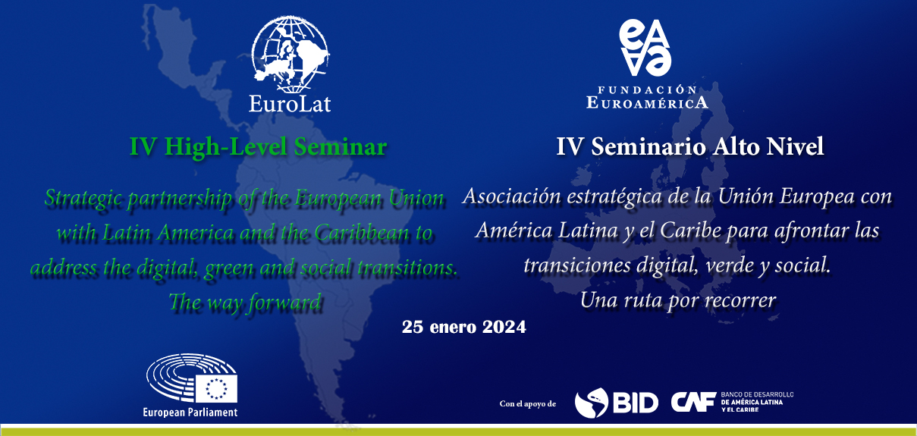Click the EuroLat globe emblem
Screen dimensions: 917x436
pyautogui.click(x=290, y=54)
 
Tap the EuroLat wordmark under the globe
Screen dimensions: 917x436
pyautogui.click(x=290, y=104)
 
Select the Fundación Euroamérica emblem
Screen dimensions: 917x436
pyautogui.click(x=645, y=48)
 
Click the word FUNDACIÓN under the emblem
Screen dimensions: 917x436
pyautogui.click(x=647, y=89)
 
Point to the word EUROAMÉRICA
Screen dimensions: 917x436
pyautogui.click(x=647, y=102)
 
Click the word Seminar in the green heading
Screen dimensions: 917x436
pyautogui.click(x=341, y=146)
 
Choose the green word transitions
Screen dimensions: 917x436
pyautogui.click(x=407, y=268)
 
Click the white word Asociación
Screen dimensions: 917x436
pyautogui.click(x=511, y=196)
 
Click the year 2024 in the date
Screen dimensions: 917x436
pyautogui.click(x=504, y=327)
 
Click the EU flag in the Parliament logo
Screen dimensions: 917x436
pyautogui.click(x=216, y=388)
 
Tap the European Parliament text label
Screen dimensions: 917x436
pyautogui.click(x=190, y=412)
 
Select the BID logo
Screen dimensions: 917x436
pyautogui.click(x=616, y=403)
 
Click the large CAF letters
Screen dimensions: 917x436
pyautogui.click(x=693, y=402)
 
